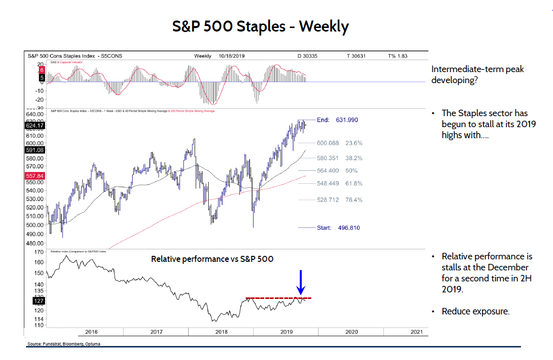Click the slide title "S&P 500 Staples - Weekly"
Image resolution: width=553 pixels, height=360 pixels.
point(260,26)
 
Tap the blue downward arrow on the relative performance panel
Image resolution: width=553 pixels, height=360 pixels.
point(300,283)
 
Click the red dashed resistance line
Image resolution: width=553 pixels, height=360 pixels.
point(278,298)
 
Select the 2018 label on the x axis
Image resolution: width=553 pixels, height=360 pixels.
point(221,331)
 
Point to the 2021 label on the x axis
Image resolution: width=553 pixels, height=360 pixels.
point(416,331)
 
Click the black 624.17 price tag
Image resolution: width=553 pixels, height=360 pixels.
point(35,126)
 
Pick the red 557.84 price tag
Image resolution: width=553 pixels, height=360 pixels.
point(35,176)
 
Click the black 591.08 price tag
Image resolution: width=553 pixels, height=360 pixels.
point(35,150)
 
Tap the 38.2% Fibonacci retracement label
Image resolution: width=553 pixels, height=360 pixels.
point(354,158)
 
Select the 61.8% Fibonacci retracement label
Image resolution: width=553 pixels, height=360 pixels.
point(354,184)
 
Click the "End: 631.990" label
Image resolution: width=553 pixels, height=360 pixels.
point(338,120)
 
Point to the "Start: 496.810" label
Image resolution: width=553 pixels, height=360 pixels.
point(338,228)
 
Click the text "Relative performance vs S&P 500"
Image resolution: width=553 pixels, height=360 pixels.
point(212,259)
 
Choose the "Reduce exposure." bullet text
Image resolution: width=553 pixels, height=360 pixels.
point(475,311)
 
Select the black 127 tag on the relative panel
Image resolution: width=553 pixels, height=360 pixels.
point(39,301)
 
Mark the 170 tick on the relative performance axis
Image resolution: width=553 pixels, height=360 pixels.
point(39,252)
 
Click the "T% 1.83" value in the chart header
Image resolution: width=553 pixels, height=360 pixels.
point(398,56)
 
